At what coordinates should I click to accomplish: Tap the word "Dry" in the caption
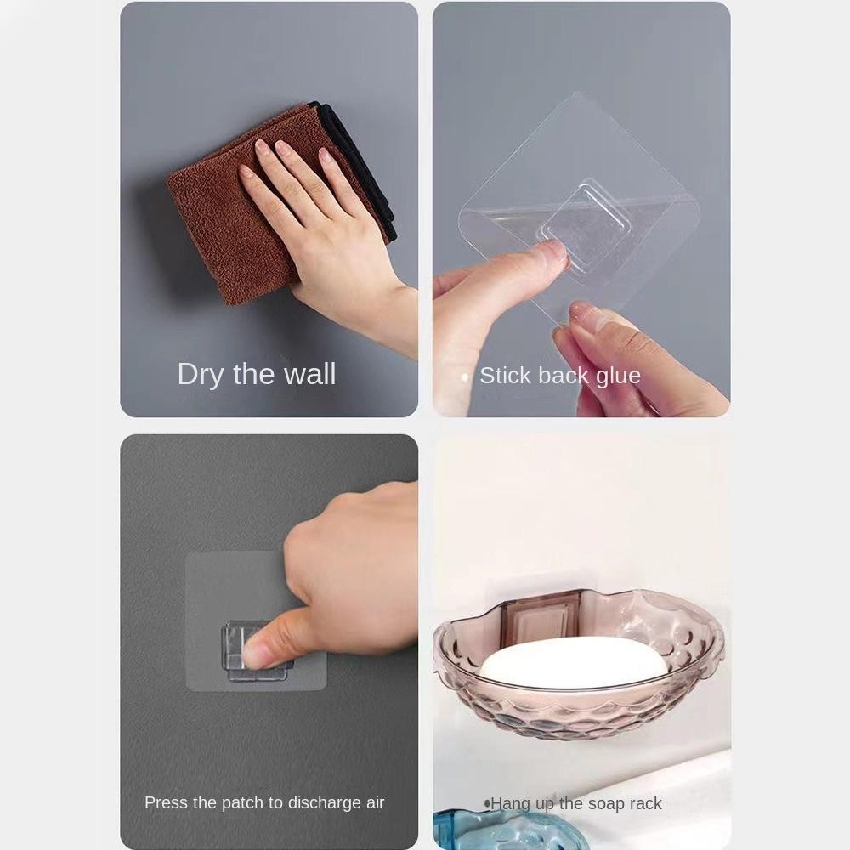click(200, 375)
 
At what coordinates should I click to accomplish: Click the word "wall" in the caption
click(310, 374)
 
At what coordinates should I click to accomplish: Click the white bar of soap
click(575, 660)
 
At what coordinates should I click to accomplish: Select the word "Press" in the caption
click(162, 802)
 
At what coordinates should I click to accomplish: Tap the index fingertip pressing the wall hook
click(256, 653)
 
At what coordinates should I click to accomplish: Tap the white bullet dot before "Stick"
click(466, 377)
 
